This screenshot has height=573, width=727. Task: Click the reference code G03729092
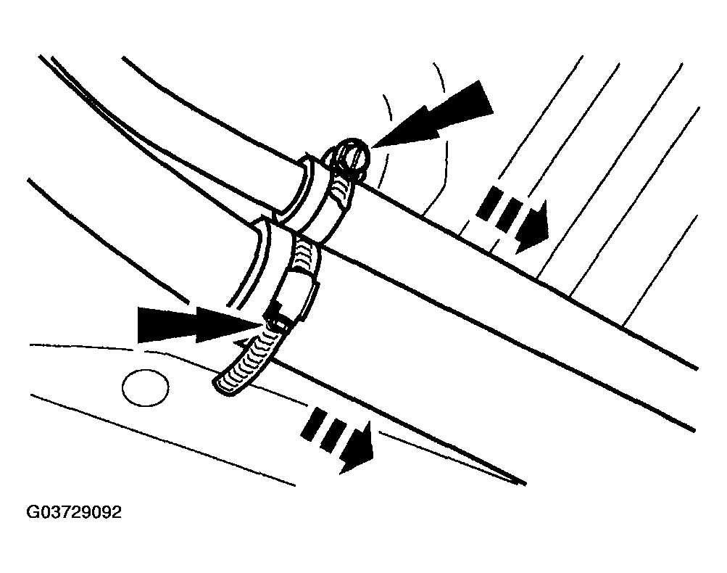pyautogui.click(x=74, y=513)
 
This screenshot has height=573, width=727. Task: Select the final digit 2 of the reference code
pyautogui.click(x=117, y=513)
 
